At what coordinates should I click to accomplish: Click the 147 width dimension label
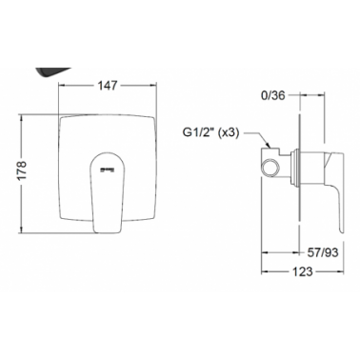click(108, 86)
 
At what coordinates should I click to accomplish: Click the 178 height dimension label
click(22, 171)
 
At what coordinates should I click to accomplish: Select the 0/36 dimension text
click(273, 95)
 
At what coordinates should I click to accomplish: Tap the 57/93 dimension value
click(323, 252)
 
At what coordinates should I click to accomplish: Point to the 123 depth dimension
click(302, 271)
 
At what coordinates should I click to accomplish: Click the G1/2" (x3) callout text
click(210, 132)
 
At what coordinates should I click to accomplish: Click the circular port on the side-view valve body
click(270, 166)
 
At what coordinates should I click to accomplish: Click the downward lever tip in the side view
click(341, 230)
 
